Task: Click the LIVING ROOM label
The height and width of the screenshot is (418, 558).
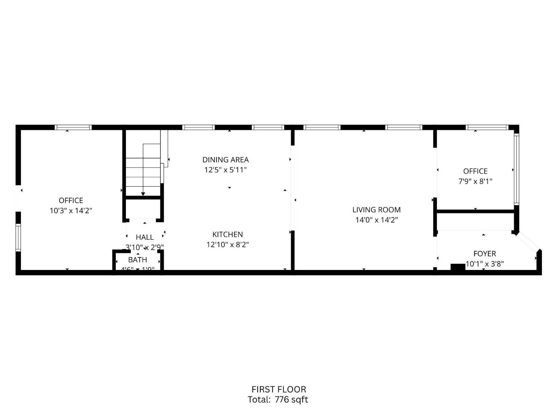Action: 376,210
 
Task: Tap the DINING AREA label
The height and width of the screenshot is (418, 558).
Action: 226,160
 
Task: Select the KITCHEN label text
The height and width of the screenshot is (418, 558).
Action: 227,234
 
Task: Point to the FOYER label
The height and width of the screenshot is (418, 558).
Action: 484,254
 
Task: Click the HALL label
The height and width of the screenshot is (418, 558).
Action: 145,237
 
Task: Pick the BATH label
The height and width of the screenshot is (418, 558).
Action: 137,260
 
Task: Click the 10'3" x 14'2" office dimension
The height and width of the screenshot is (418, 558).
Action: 71,211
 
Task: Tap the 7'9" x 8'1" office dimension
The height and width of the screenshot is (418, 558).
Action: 475,181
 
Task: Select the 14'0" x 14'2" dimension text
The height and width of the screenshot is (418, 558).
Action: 376,220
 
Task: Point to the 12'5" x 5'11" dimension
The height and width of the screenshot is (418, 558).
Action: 226,170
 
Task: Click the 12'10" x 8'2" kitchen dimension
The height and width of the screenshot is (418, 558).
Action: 227,245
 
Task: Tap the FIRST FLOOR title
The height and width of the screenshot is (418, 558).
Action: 279,389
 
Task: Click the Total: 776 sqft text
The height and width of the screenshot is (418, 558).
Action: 278,400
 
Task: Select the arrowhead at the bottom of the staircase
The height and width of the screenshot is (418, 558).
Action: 143,194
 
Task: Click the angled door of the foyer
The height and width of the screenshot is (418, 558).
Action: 528,241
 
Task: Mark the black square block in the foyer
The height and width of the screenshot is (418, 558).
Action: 458,267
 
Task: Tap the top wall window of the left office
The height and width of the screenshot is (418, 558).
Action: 73,127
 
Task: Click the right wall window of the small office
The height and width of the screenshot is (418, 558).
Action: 516,170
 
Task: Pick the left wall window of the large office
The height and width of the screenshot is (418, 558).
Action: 18,238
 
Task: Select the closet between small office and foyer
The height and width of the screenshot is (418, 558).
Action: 475,221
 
